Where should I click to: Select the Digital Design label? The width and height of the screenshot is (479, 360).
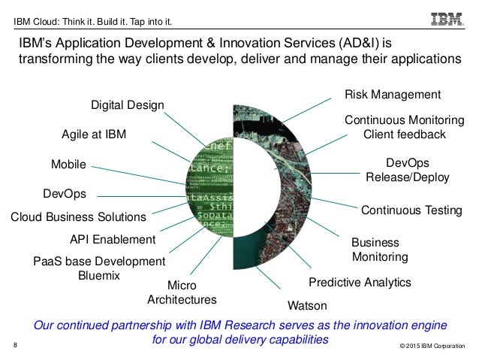(x=127, y=104)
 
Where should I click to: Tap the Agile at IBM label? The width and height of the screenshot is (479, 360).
(x=94, y=135)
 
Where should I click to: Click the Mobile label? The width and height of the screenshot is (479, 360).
(x=68, y=164)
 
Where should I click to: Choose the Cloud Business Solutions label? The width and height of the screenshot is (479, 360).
(x=77, y=217)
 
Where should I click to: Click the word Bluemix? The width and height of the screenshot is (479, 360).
(x=98, y=276)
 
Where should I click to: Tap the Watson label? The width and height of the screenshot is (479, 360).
(x=307, y=306)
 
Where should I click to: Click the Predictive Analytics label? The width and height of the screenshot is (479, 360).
(x=360, y=283)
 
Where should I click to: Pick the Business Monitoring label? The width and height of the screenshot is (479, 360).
(x=379, y=250)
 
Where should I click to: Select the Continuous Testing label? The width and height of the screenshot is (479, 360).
(x=411, y=210)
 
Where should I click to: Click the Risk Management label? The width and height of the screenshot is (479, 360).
(x=392, y=95)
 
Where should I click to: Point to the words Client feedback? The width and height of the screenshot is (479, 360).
(x=405, y=135)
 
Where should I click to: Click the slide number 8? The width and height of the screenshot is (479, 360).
(x=17, y=346)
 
